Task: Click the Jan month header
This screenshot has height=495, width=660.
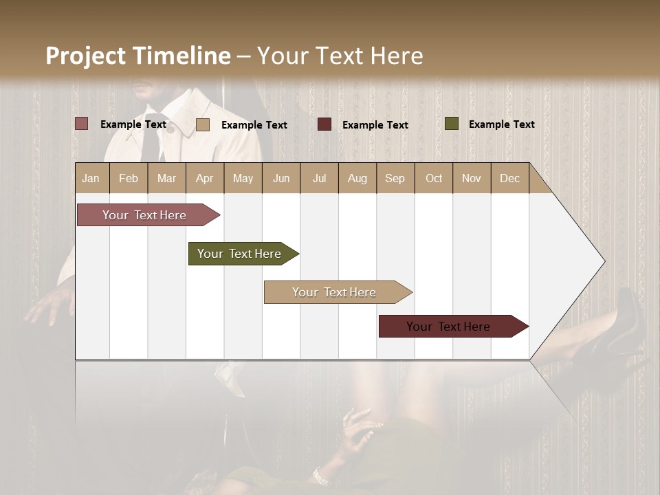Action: (91, 178)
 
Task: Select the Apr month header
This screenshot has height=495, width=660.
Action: (204, 178)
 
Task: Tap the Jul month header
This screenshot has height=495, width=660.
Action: (319, 178)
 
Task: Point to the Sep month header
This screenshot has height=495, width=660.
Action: (395, 178)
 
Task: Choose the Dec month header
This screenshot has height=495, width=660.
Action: (509, 178)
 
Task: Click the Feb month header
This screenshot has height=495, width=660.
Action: (129, 178)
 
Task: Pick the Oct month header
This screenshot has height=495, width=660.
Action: (434, 178)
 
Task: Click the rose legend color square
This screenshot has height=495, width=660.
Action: (81, 124)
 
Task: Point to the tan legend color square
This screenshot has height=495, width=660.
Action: (202, 124)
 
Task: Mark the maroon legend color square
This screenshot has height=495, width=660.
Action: (324, 124)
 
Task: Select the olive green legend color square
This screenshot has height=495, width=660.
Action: (451, 124)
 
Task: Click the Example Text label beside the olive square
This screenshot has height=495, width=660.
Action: (501, 124)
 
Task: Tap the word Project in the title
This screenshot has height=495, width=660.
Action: (86, 56)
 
